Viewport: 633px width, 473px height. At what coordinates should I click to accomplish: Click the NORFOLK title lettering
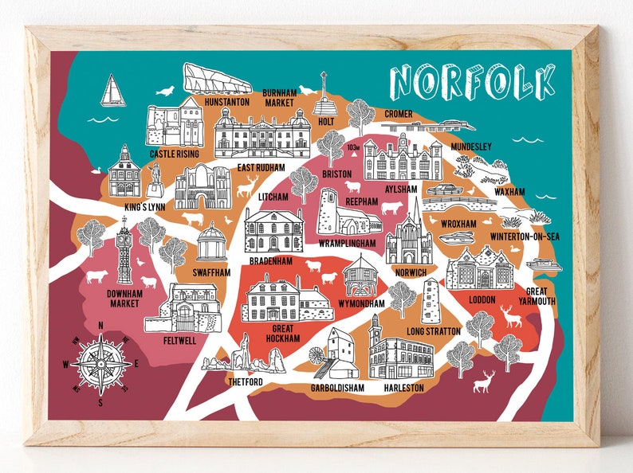pos(472,82)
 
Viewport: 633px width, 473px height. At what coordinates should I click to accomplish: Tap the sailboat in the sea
pos(112,91)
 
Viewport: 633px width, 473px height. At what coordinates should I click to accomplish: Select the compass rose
pos(101,363)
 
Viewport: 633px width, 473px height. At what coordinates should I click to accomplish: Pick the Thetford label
pos(244,381)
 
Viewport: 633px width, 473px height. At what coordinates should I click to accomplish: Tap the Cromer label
pos(399,114)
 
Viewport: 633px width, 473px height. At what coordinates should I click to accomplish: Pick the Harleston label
pos(403,388)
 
